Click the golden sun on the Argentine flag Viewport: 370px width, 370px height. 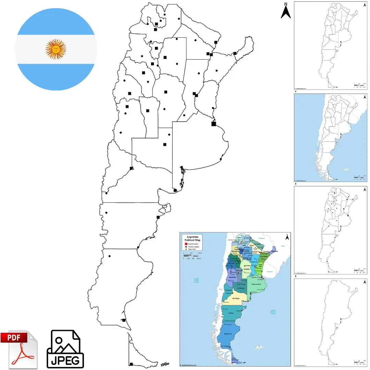pyautogui.click(x=56, y=49)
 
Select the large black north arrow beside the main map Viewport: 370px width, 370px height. pyautogui.click(x=286, y=11)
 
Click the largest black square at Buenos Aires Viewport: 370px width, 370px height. pyautogui.click(x=214, y=124)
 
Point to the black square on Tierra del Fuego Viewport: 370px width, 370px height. pyautogui.click(x=131, y=364)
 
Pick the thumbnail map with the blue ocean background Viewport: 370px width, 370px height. pyautogui.click(x=330, y=138)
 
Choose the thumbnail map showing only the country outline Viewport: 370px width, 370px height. pyautogui.click(x=330, y=322)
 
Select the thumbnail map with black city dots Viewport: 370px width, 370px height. pyautogui.click(x=330, y=230)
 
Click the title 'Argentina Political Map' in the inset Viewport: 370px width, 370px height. pyautogui.click(x=192, y=238)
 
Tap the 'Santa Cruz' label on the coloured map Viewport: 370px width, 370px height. pyautogui.click(x=229, y=334)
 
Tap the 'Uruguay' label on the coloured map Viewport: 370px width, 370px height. pyautogui.click(x=270, y=272)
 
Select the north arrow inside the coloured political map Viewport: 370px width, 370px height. pyautogui.click(x=287, y=237)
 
